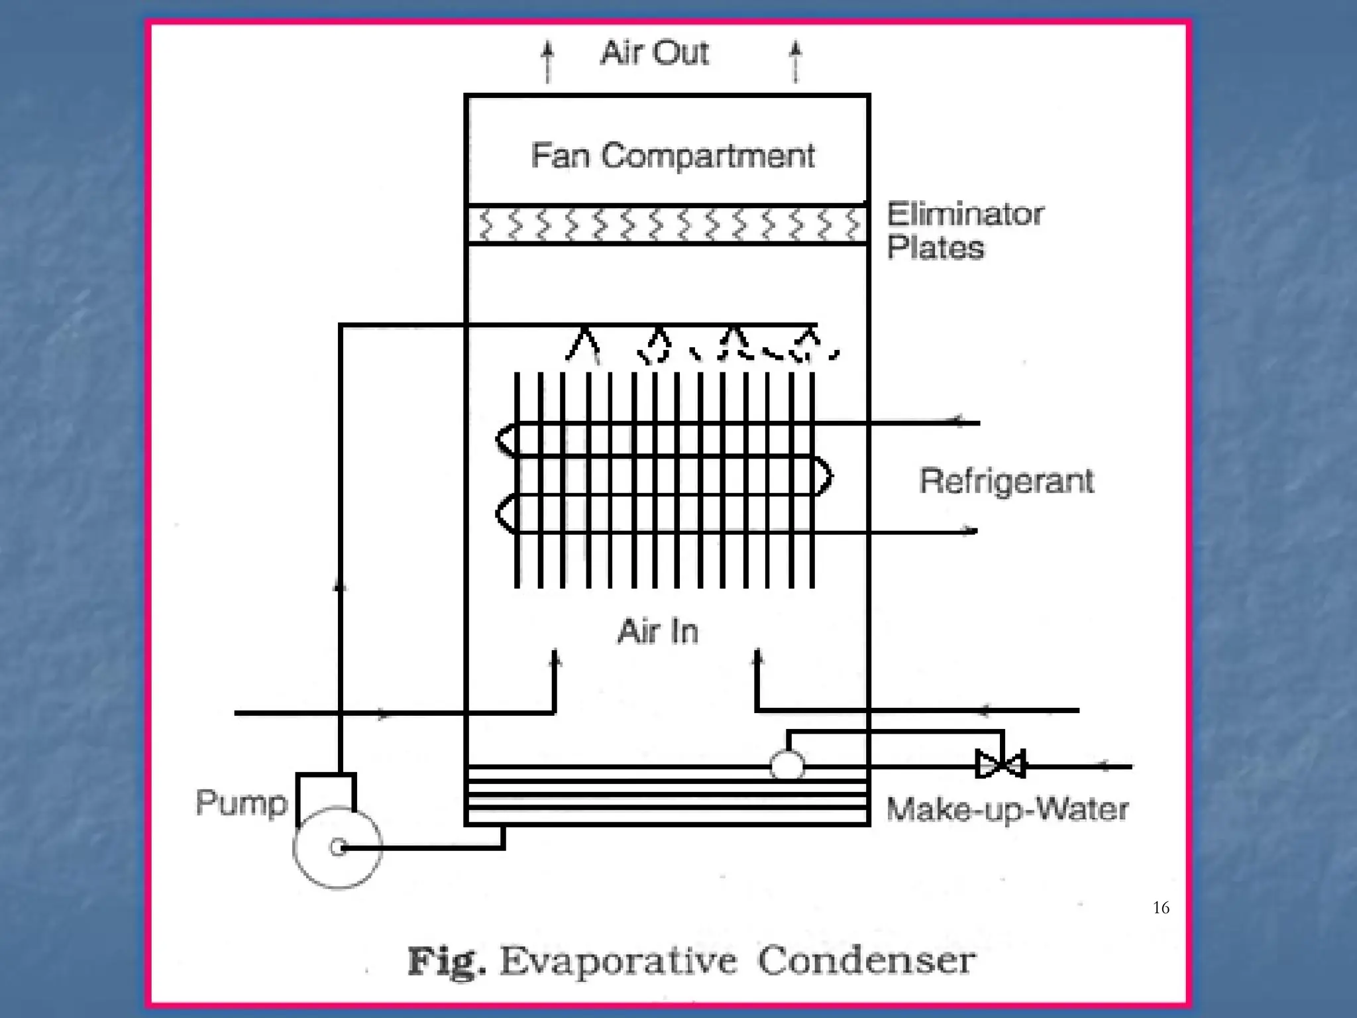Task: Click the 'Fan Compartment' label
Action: pyautogui.click(x=673, y=156)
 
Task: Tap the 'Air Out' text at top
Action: pyautogui.click(x=655, y=53)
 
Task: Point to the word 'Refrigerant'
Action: pyautogui.click(x=1006, y=481)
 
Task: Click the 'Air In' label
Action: pyautogui.click(x=658, y=631)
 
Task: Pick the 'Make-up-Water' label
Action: pyautogui.click(x=1007, y=809)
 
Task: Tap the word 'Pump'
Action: pyautogui.click(x=242, y=803)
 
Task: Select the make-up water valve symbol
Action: pyautogui.click(x=1001, y=764)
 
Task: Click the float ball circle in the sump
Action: pyautogui.click(x=787, y=765)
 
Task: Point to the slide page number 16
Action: pyautogui.click(x=1161, y=907)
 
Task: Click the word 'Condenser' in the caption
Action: pyautogui.click(x=866, y=960)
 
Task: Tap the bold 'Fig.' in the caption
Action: pyautogui.click(x=446, y=962)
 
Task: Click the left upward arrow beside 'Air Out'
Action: pyautogui.click(x=547, y=61)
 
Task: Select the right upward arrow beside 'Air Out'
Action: pyautogui.click(x=796, y=61)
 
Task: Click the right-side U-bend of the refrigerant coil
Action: pyautogui.click(x=823, y=475)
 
